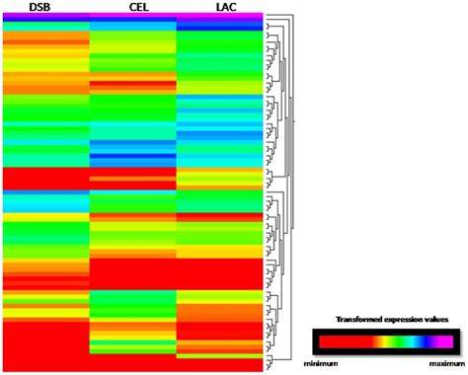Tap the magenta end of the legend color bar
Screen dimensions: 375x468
(x=443, y=342)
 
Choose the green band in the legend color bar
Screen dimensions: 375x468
(x=398, y=342)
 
